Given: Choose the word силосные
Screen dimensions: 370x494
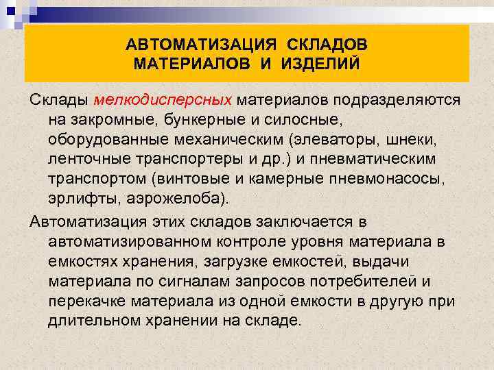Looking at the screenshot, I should tap(301, 120).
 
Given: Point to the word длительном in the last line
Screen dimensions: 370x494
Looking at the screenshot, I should tap(90, 321).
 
